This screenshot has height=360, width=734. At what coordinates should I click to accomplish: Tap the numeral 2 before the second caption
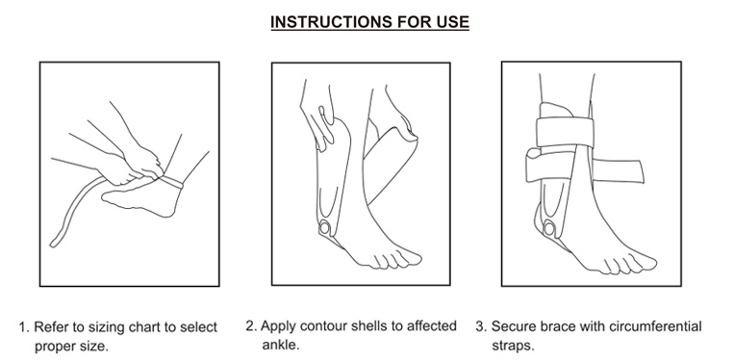(x=250, y=326)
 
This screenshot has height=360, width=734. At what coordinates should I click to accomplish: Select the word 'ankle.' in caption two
(x=280, y=345)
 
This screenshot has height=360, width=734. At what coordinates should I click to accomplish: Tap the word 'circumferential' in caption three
(x=656, y=326)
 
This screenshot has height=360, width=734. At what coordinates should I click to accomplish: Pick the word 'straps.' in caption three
(x=513, y=345)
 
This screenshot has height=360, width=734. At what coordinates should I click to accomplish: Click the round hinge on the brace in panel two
(x=325, y=226)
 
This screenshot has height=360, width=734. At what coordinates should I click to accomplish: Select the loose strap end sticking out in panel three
(x=635, y=174)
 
